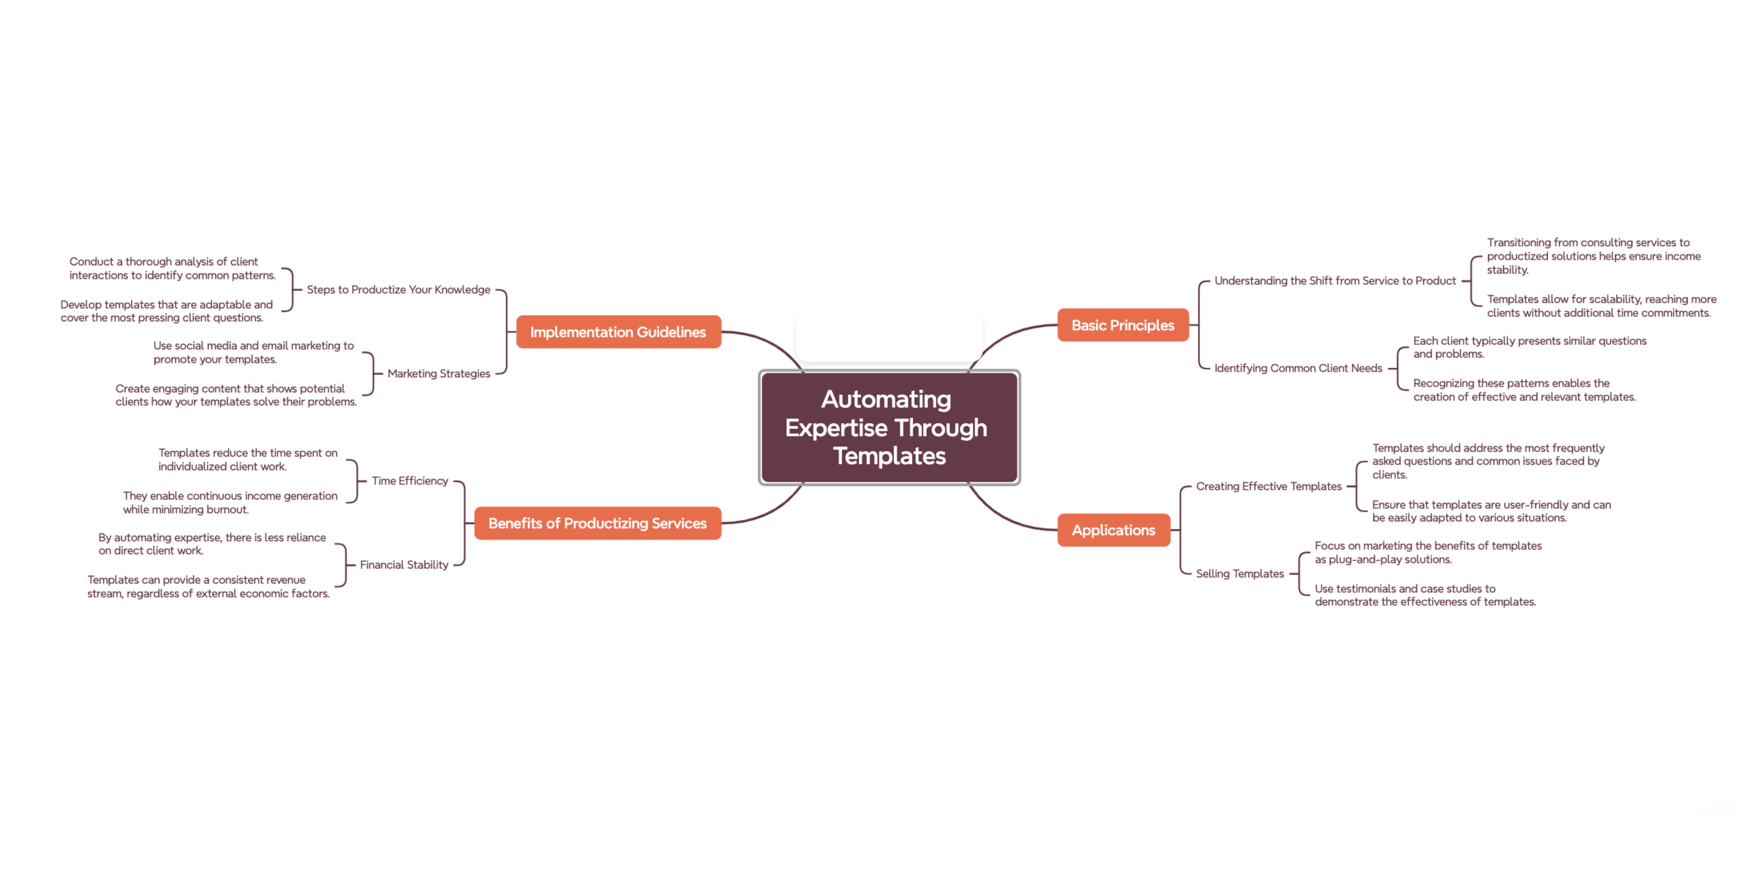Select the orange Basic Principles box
1123,325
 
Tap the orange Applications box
1113,530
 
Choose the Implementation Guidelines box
618,332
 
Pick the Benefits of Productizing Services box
597,523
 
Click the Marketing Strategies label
439,374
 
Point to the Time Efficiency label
410,481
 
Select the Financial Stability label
404,565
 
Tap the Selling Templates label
1239,574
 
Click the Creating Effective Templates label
1268,486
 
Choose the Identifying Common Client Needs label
1297,368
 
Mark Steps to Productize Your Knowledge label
398,290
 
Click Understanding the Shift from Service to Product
1334,281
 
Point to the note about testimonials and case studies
1425,595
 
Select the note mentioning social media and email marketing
253,352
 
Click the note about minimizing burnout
229,503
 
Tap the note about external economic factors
208,587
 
